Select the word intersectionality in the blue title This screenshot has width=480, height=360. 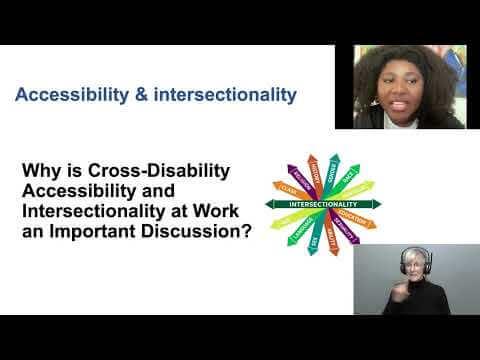223,96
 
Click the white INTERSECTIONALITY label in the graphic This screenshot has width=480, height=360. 322,203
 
